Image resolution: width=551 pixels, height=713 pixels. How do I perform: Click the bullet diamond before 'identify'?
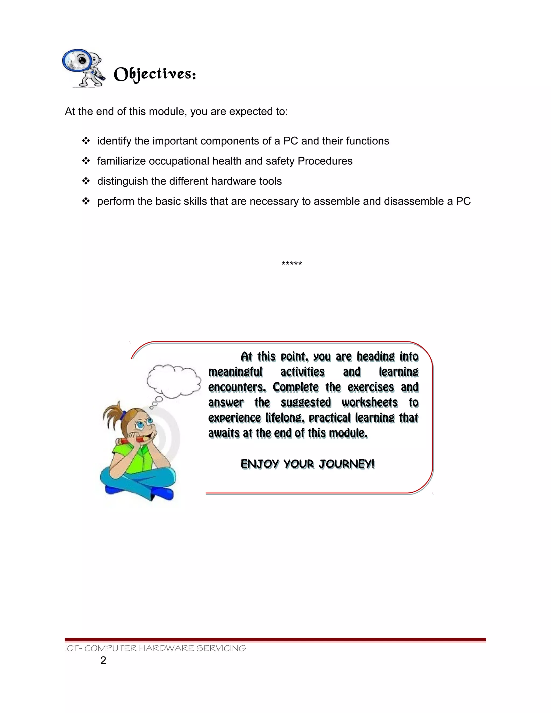pyautogui.click(x=86, y=141)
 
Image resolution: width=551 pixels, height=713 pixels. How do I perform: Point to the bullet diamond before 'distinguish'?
pyautogui.click(x=86, y=181)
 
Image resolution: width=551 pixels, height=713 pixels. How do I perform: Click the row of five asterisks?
pyautogui.click(x=291, y=263)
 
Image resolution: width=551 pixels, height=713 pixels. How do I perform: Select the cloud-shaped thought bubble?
pyautogui.click(x=174, y=381)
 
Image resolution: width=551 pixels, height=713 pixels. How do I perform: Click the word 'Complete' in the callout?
pyautogui.click(x=295, y=387)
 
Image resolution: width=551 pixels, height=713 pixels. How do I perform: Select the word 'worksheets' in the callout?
pyautogui.click(x=369, y=403)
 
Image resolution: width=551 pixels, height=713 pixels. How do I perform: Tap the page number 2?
pyautogui.click(x=103, y=661)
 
